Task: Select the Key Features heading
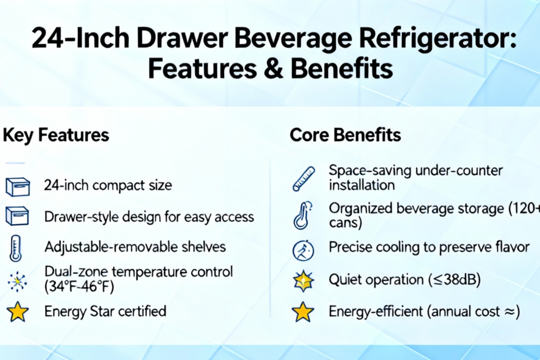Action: (56, 135)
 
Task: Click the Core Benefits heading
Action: (345, 135)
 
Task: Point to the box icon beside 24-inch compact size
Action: (17, 187)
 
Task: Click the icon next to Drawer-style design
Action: (17, 216)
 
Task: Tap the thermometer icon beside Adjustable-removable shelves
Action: (16, 249)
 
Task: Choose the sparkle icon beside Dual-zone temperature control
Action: (17, 282)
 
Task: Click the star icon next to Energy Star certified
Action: (17, 312)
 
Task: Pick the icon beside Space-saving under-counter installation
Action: (304, 179)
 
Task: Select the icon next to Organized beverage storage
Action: (303, 215)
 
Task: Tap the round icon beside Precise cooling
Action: (303, 250)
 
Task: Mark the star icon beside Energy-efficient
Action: (303, 312)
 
